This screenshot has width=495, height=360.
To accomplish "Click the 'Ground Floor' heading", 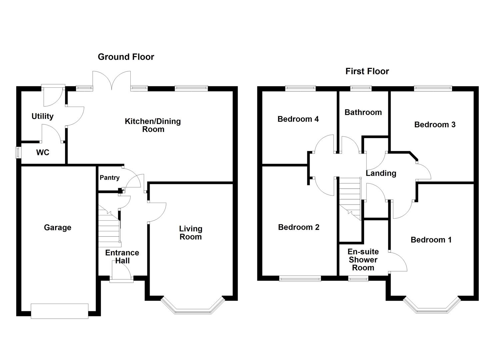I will point(126,57).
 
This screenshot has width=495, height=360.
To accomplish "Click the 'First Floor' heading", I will point(367,71).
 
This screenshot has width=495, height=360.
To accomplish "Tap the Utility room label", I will point(42,116).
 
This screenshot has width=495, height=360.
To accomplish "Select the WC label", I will point(43,153).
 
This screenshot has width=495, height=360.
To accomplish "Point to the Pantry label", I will point(109,178).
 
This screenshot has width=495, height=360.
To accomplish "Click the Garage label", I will point(57,228).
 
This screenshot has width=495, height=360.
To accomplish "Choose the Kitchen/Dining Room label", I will point(153,125).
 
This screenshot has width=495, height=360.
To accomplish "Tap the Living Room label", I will point(190,233).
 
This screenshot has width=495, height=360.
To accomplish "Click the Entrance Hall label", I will point(122,257).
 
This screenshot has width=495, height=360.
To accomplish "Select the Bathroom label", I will point(363,112).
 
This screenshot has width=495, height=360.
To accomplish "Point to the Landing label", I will point(381,173).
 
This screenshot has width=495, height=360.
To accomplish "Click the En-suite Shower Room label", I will point(363,260).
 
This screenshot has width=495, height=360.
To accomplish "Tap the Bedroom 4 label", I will point(298,119).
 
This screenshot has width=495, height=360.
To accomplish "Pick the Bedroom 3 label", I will point(435,125).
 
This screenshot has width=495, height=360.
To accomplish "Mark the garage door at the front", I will point(59,311).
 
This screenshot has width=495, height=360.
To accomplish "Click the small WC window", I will point(18,153).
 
